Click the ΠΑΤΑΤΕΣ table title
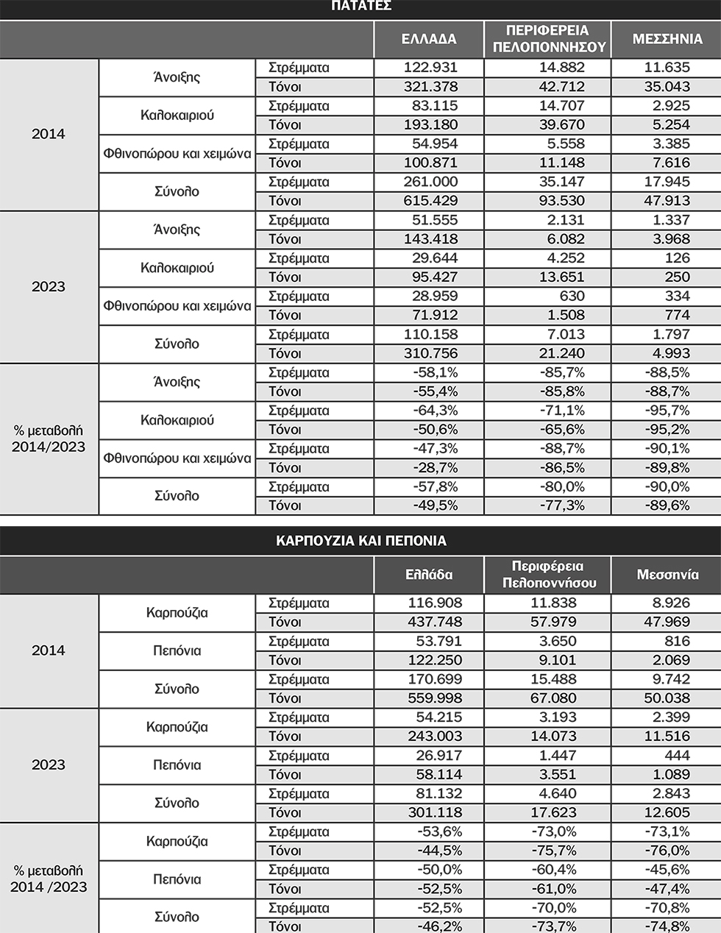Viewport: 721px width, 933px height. pos(360,6)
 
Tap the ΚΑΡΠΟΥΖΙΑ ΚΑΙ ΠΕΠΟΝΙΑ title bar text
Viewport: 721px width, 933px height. pos(360,541)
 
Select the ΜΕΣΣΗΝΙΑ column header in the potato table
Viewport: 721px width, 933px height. pos(667,39)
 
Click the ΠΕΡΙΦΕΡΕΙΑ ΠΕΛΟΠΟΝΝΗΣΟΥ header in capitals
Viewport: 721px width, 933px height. pos(547,39)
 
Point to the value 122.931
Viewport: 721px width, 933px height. pos(430,68)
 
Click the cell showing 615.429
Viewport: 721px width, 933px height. pos(430,201)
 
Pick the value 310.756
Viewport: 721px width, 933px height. pos(430,353)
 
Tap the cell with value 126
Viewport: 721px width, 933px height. pos(676,258)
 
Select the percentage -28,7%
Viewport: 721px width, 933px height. pos(436,468)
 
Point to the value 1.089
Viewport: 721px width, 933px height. pos(669,775)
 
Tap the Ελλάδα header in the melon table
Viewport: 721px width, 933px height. pos(429,575)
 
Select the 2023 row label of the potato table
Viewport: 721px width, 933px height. pos(49,287)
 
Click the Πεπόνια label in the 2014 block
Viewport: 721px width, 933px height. pos(177,651)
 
